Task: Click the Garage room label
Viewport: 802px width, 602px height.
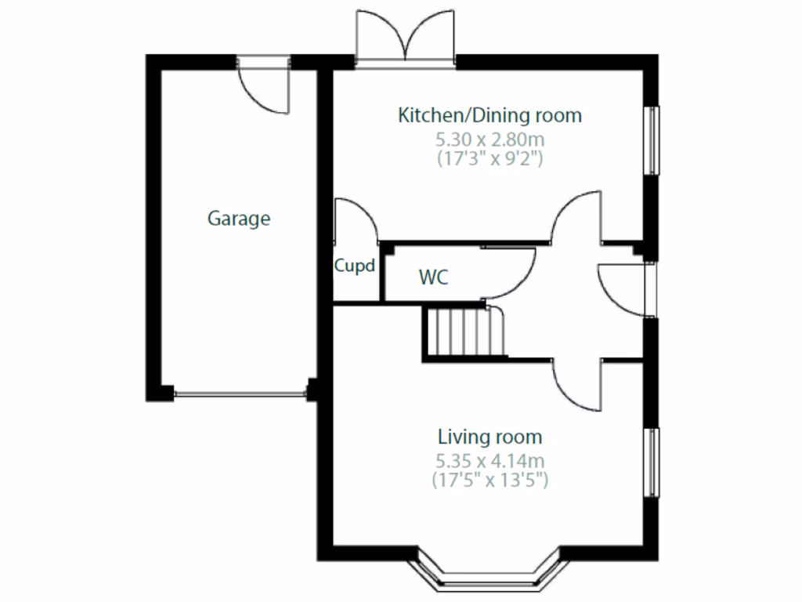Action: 239,219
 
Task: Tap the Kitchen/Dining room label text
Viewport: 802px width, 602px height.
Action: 490,116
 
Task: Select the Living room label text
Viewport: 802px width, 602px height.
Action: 490,437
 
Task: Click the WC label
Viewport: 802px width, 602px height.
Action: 434,277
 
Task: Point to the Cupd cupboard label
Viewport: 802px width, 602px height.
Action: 355,266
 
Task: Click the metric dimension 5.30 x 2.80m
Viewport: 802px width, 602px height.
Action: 490,140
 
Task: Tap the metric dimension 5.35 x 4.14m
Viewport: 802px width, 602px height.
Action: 490,460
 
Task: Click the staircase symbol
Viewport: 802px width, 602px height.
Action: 464,332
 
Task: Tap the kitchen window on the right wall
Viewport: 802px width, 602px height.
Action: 651,140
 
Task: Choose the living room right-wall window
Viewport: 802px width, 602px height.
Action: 651,462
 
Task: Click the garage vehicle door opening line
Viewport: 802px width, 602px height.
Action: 240,394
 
